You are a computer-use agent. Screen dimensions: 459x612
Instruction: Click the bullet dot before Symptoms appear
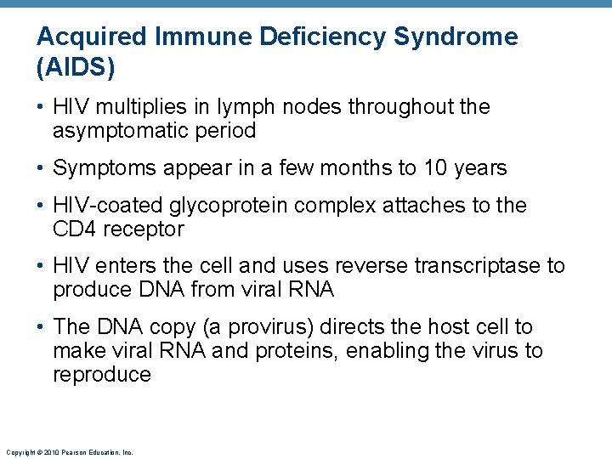(x=42, y=168)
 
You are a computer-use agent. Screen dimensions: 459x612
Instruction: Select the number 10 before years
(x=434, y=168)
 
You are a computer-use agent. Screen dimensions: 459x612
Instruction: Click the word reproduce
(x=101, y=375)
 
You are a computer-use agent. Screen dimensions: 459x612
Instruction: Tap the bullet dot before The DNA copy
(x=42, y=327)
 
